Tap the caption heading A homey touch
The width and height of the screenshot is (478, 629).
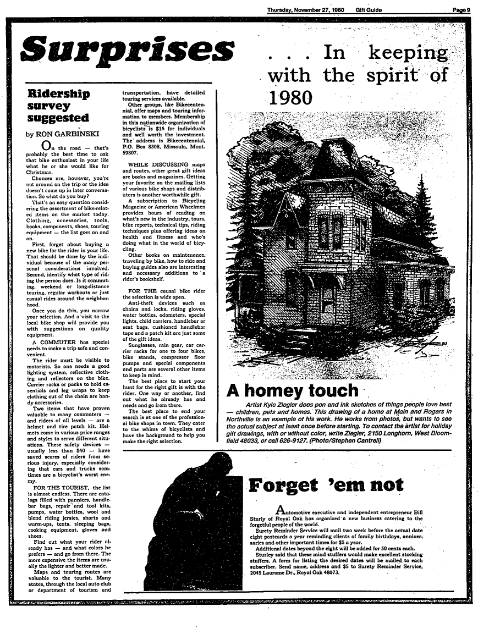pyautogui.click(x=293, y=391)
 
